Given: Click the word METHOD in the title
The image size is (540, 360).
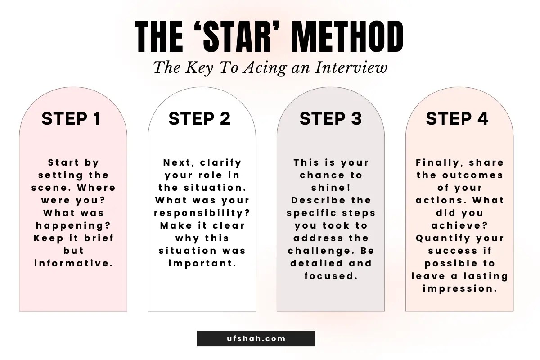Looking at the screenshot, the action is click(347, 36).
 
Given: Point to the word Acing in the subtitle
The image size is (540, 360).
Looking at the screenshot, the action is click(265, 68).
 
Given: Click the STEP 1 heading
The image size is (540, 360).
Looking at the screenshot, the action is click(71, 119).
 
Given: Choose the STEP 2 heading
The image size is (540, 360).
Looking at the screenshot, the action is click(200, 119).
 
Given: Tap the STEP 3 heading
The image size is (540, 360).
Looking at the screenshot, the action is click(331, 119).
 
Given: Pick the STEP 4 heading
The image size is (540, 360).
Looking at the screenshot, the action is click(457, 119).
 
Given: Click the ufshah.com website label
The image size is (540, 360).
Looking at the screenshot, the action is click(256, 338).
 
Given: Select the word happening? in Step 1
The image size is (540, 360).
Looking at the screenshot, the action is click(73, 226).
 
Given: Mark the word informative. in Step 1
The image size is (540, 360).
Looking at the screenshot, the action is click(73, 263).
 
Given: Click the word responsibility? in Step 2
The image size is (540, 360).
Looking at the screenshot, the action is click(202, 213).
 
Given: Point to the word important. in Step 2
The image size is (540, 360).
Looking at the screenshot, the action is click(202, 264).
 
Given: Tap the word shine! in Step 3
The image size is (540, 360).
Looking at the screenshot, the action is click(331, 188).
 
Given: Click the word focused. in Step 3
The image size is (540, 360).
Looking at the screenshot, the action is click(331, 276).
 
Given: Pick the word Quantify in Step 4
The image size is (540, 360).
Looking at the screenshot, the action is click(443, 238).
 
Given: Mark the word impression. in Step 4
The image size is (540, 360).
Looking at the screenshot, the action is click(460, 288).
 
